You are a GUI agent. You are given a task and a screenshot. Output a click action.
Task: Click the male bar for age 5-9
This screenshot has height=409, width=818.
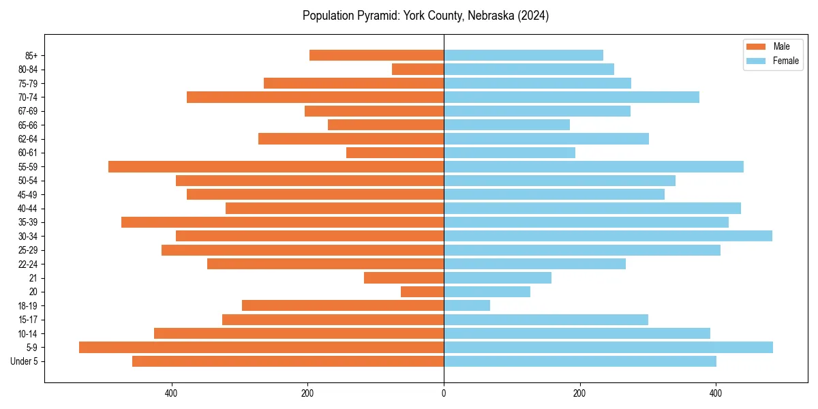point(261,348)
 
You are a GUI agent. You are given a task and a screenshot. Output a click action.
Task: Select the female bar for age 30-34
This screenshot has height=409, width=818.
point(607,236)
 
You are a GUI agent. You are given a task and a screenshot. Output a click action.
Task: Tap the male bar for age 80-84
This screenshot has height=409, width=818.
point(418,70)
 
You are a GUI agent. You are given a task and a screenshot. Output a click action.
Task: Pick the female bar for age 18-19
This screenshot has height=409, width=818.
point(467,305)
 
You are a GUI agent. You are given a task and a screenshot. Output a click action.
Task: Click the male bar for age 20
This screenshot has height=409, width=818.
point(422,292)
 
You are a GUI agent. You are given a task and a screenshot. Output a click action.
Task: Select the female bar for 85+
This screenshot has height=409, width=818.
point(524,55)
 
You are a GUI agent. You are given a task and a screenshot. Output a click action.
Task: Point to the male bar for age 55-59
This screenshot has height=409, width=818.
point(276,167)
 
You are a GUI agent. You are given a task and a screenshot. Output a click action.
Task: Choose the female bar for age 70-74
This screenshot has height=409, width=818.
point(571,97)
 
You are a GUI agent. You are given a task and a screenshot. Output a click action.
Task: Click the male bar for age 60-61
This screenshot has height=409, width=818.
point(395,153)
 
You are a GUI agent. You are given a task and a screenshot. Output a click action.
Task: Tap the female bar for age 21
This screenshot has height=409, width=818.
point(498,278)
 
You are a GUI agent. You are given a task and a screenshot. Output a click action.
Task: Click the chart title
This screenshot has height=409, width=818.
point(425,16)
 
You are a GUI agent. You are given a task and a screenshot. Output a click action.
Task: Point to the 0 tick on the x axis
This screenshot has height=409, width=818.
point(444,393)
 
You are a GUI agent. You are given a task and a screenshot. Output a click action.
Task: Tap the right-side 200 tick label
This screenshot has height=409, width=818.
point(579,393)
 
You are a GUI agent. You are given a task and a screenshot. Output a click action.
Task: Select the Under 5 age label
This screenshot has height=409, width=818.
point(24,361)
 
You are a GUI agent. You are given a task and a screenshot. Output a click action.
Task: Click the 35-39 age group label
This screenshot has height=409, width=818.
point(28,222)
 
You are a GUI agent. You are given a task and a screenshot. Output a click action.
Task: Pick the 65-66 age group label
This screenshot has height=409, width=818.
point(28,125)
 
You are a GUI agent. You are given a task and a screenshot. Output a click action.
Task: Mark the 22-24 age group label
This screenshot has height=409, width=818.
point(28,264)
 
